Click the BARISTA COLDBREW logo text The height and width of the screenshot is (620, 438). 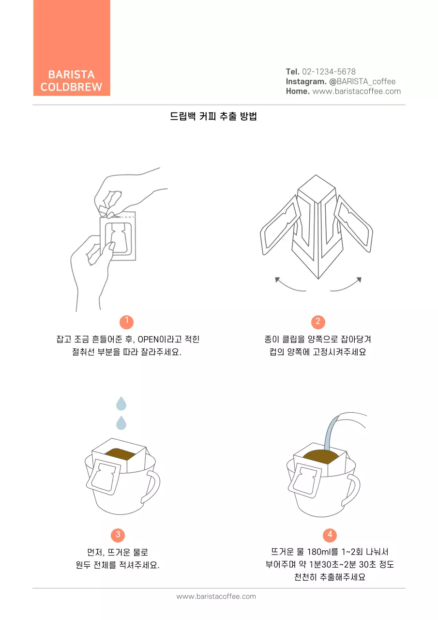pos(71,81)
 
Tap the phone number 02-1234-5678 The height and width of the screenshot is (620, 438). pos(329,72)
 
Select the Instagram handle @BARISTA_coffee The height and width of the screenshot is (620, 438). pos(366,81)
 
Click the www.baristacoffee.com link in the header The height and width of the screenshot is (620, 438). pos(356,91)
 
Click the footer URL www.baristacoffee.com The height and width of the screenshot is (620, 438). pos(216,596)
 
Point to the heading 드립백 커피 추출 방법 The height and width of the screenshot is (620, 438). pos(213,117)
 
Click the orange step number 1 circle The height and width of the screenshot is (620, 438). pos(126,322)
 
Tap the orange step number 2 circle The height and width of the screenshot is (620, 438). pos(317,322)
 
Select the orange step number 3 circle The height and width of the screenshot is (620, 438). pos(118,535)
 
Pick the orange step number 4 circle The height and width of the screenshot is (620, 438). pos(330,535)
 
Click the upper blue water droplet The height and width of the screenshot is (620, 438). pos(121,403)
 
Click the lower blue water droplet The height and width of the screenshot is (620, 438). pos(121,422)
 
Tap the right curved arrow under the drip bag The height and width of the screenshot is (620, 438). pos(347,286)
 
